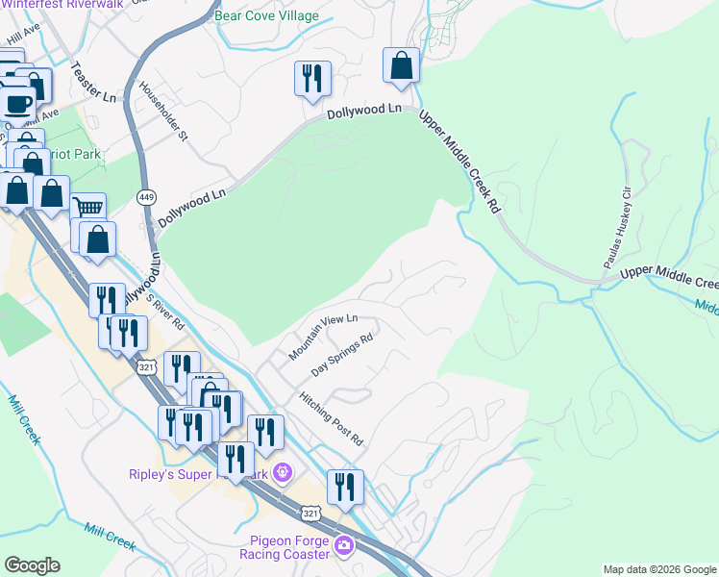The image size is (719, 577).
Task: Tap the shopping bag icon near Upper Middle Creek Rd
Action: pyautogui.click(x=402, y=66)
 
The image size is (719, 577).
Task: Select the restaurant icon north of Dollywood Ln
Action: pyautogui.click(x=312, y=80)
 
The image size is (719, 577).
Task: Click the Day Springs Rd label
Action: pyautogui.click(x=342, y=356)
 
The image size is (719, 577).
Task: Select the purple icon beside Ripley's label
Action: pyautogui.click(x=282, y=473)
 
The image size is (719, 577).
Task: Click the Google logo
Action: pyautogui.click(x=32, y=565)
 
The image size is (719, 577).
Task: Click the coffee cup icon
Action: pyautogui.click(x=18, y=102)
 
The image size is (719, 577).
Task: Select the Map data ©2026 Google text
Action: pyautogui.click(x=658, y=569)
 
